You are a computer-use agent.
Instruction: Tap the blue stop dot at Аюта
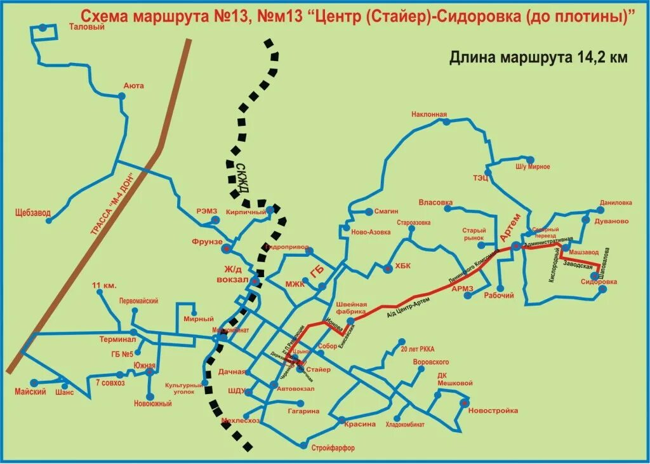pyautogui.click(x=121, y=96)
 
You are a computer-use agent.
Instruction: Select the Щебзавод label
pyautogui.click(x=33, y=213)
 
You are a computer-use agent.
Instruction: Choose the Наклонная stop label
pyautogui.click(x=429, y=114)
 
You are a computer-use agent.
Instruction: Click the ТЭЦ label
pyautogui.click(x=480, y=178)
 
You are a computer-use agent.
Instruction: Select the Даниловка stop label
pyautogui.click(x=615, y=203)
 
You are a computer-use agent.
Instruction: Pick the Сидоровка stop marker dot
pyautogui.click(x=603, y=289)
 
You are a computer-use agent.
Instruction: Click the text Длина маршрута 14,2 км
pyautogui.click(x=538, y=58)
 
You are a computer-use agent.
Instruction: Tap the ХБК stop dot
pyautogui.click(x=388, y=269)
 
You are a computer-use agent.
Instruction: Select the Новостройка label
pyautogui.click(x=493, y=411)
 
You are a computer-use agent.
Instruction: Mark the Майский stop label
pyautogui.click(x=30, y=392)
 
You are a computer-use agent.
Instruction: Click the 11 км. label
pyautogui.click(x=105, y=285)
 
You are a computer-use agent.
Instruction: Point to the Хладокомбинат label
pyautogui.click(x=405, y=424)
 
